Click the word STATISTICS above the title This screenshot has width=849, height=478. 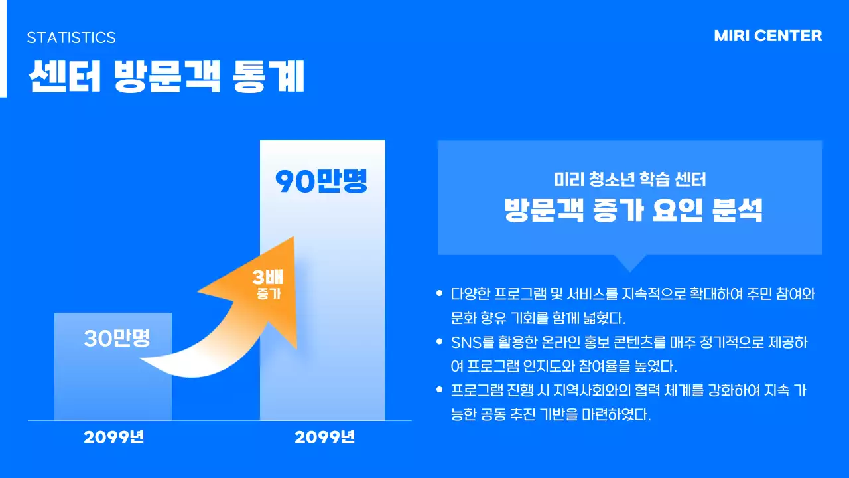tap(71, 38)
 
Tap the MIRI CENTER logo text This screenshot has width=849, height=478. tap(767, 36)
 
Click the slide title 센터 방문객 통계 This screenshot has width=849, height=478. tap(166, 78)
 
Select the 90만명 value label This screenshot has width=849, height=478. tap(321, 182)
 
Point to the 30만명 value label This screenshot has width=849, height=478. tap(117, 339)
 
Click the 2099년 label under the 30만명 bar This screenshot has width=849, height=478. tap(113, 438)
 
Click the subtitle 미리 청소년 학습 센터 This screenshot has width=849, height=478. tap(629, 179)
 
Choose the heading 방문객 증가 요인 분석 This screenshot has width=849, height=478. tap(633, 210)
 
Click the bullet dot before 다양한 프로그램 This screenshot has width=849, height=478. tap(439, 293)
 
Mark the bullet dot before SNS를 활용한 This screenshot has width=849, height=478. tap(439, 342)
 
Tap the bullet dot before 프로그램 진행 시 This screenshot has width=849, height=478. tap(439, 390)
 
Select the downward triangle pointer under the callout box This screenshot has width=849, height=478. tap(629, 262)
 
